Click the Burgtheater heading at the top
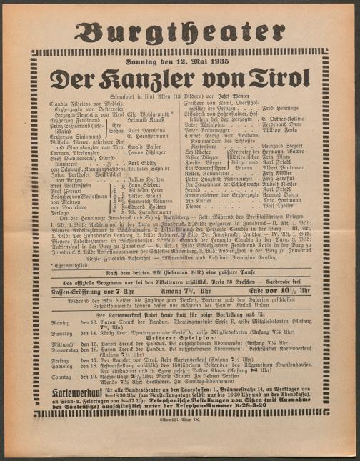point(180,31)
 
